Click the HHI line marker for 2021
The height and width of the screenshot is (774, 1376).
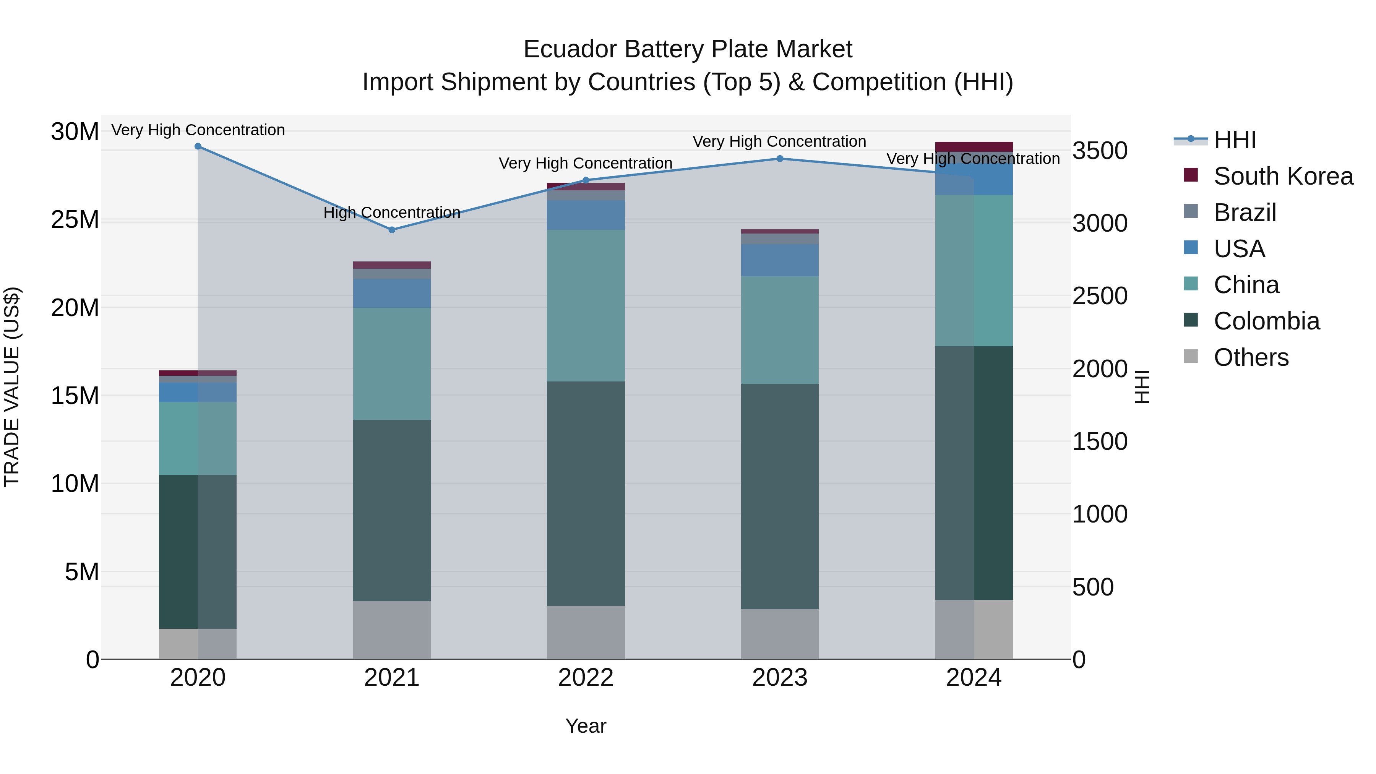391,230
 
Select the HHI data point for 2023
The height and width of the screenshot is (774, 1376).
779,159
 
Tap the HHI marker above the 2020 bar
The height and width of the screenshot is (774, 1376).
198,146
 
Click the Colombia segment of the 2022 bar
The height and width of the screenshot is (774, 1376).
586,493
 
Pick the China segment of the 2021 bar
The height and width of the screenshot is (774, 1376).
391,364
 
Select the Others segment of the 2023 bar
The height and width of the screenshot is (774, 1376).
779,634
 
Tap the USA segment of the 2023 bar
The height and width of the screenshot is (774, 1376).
779,260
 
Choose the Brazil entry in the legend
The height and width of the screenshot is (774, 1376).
1245,213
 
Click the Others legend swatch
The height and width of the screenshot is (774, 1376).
1191,356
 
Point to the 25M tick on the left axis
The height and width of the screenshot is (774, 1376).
75,219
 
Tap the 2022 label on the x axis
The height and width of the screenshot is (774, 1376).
586,678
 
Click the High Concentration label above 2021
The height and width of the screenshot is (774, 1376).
391,213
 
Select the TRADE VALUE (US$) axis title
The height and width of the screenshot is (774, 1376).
12,387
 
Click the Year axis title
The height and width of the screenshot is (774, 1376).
586,726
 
